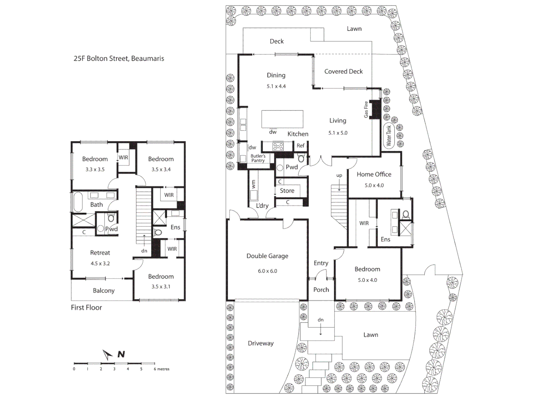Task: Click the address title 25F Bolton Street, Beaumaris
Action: (x=119, y=58)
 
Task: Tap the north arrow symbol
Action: (x=108, y=355)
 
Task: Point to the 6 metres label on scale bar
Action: (x=161, y=369)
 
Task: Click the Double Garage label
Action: (x=267, y=256)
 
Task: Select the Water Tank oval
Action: (x=389, y=136)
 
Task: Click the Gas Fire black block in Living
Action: (x=376, y=109)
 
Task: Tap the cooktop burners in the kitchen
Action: (x=278, y=147)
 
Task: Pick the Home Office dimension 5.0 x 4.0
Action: (x=374, y=185)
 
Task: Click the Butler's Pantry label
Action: (x=258, y=158)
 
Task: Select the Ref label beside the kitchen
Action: (x=300, y=146)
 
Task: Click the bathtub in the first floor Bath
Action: (x=78, y=202)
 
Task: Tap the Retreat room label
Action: (x=100, y=253)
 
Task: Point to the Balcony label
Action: (x=103, y=291)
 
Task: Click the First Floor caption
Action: (x=86, y=307)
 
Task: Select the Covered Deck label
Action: (x=343, y=72)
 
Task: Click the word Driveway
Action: (x=261, y=343)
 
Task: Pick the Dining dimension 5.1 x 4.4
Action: (x=276, y=86)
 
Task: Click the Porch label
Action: (x=321, y=290)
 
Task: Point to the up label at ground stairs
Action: (x=339, y=175)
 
